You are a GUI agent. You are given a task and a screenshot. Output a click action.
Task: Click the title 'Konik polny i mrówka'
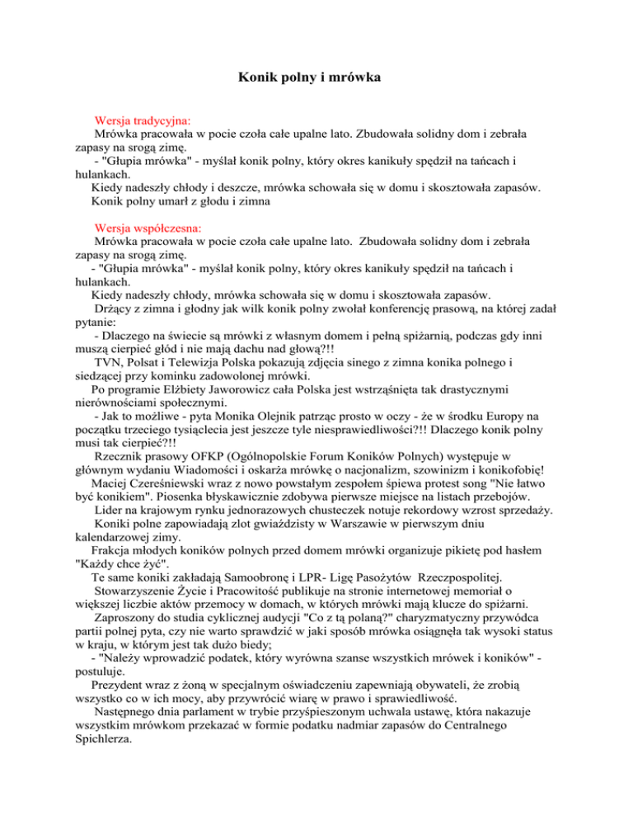pos(316,80)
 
